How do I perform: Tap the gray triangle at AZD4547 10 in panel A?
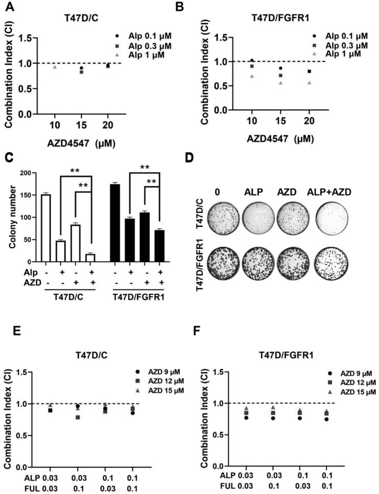(55, 67)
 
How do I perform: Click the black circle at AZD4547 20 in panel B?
(309, 71)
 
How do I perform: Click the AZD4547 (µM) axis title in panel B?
(280, 138)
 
